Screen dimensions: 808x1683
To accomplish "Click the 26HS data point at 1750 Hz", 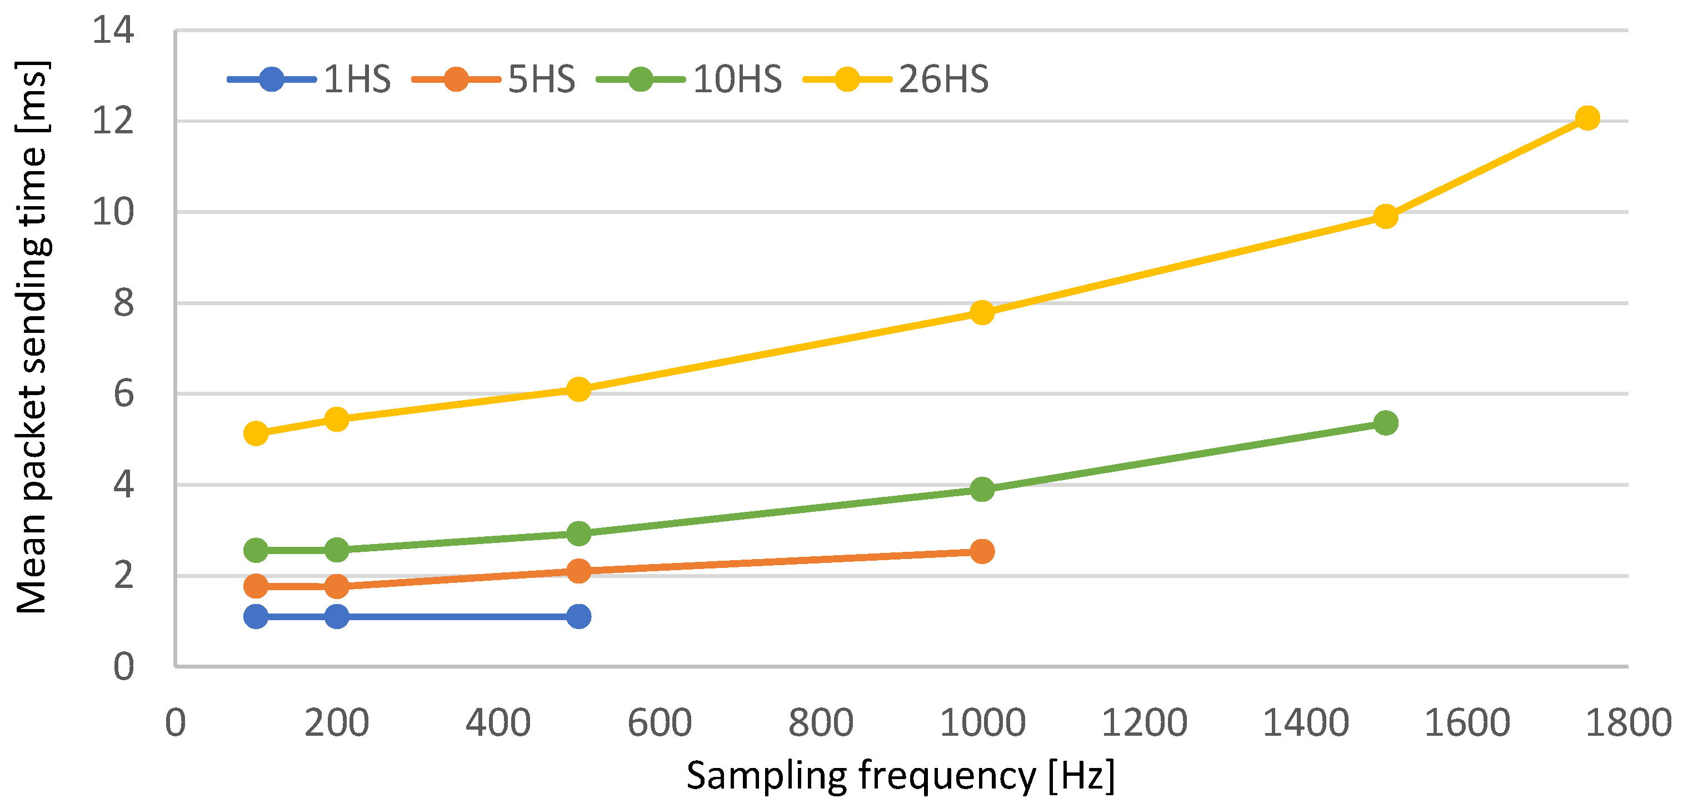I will coord(1587,118).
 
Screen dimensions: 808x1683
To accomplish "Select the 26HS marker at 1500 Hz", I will coord(1385,216).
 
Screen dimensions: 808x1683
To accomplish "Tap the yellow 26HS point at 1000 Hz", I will coord(982,312).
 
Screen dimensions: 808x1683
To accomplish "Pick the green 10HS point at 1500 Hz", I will coord(1385,422).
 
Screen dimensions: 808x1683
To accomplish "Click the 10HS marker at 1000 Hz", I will coord(982,488).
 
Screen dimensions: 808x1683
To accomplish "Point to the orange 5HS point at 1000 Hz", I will coord(982,551).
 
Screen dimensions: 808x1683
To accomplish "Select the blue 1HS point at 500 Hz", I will coord(578,616).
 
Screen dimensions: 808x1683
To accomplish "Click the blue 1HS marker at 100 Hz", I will coord(256,616).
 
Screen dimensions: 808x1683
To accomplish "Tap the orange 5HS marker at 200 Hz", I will coord(337,586).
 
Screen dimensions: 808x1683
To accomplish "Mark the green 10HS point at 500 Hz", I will coord(578,533).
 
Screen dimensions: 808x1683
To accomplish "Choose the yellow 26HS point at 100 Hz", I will coord(256,433).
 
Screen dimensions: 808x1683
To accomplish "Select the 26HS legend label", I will coord(943,79).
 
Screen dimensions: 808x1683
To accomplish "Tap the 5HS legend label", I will coord(542,79).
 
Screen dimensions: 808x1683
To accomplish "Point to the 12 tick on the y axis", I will coord(112,121).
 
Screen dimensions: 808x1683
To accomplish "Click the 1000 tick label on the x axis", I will coord(982,723).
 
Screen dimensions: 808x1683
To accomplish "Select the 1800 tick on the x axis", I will coord(1627,723).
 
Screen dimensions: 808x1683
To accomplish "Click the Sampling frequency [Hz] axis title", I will coord(900,776).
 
